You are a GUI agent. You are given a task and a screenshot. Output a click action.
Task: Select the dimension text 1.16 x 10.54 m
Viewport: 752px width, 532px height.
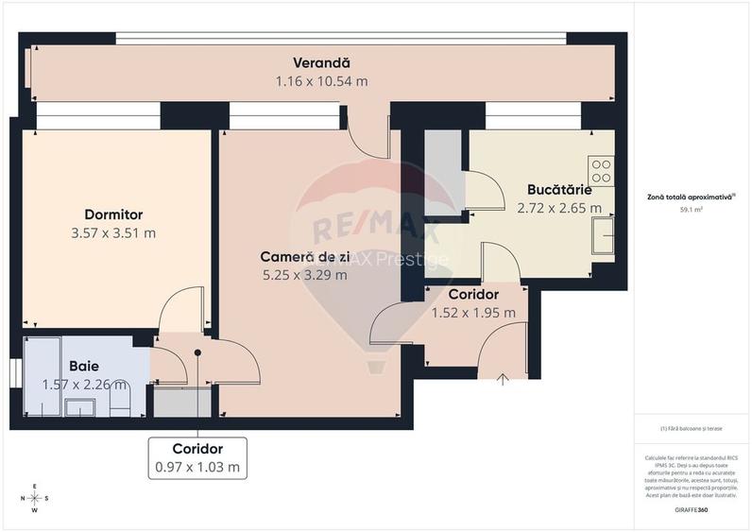coord(321,81)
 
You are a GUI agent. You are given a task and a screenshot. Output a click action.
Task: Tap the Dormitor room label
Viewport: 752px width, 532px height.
coord(113,215)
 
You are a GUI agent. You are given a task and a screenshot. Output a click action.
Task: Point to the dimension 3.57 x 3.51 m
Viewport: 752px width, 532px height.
coord(113,232)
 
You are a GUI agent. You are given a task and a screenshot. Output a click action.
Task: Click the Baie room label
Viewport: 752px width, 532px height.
coord(83,366)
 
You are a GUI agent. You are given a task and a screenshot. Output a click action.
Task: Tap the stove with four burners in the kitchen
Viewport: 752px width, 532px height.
coord(602,171)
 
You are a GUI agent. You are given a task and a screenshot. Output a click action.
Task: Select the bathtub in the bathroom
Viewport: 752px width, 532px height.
coord(42,375)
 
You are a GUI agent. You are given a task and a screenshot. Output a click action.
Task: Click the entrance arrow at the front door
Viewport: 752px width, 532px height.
coord(504,380)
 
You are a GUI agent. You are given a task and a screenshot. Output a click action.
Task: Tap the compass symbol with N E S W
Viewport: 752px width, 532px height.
coord(35,498)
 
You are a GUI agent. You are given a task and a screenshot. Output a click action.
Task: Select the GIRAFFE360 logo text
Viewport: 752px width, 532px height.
coord(691,510)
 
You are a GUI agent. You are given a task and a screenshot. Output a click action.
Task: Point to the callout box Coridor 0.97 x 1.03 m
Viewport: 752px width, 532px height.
coord(197,457)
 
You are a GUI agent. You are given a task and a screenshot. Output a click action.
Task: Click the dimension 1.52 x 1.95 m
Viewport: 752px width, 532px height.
coord(473,313)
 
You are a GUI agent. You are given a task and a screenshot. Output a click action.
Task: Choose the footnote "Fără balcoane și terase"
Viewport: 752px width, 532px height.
coord(691,428)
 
